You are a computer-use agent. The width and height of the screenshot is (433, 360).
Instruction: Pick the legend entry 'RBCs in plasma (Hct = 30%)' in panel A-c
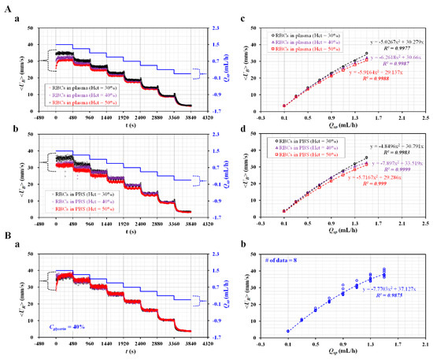pos(307,35)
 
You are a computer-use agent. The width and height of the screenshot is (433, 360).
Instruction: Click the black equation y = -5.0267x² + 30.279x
pos(398,41)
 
